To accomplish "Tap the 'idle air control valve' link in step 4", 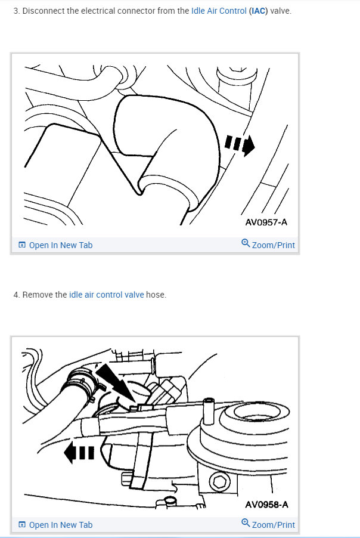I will (x=107, y=295).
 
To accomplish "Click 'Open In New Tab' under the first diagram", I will (x=60, y=245).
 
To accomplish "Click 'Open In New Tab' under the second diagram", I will (x=60, y=525).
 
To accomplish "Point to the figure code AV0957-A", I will (x=266, y=222).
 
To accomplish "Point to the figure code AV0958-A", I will (x=266, y=505).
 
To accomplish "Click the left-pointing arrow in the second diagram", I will (x=79, y=453).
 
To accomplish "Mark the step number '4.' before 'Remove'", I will (x=16, y=295).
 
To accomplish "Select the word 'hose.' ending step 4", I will (x=156, y=295).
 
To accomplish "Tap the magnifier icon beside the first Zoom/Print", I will (x=245, y=243).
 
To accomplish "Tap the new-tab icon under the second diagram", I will (x=21, y=525).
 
